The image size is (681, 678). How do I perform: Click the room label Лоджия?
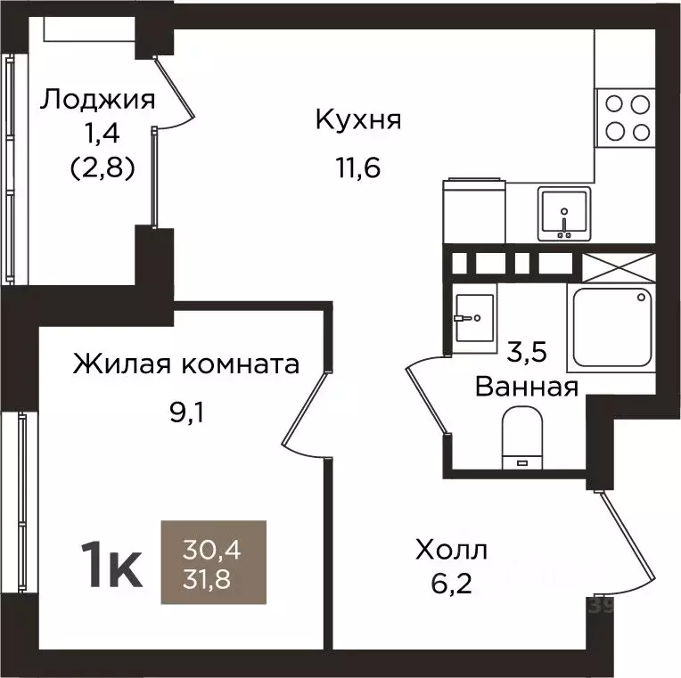96,99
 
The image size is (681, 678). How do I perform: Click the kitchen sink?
563,214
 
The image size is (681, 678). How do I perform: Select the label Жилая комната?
185,364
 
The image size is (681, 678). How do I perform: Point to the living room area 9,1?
186,413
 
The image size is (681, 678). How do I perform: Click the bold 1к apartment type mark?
111,565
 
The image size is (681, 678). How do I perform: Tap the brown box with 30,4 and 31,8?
213,562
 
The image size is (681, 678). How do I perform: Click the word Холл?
451,551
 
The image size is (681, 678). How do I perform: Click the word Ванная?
527,387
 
